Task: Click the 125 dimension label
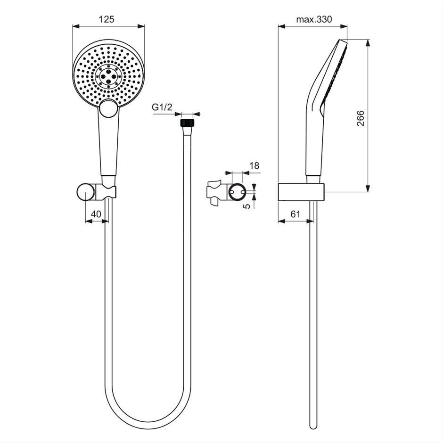click(107, 19)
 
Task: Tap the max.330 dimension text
click(314, 19)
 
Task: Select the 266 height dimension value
click(360, 118)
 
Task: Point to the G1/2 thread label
click(162, 107)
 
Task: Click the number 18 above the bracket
click(254, 165)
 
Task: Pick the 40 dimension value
click(96, 214)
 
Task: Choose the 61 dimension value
click(295, 214)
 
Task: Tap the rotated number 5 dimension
click(246, 205)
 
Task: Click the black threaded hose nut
click(187, 123)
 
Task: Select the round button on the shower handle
click(109, 108)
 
